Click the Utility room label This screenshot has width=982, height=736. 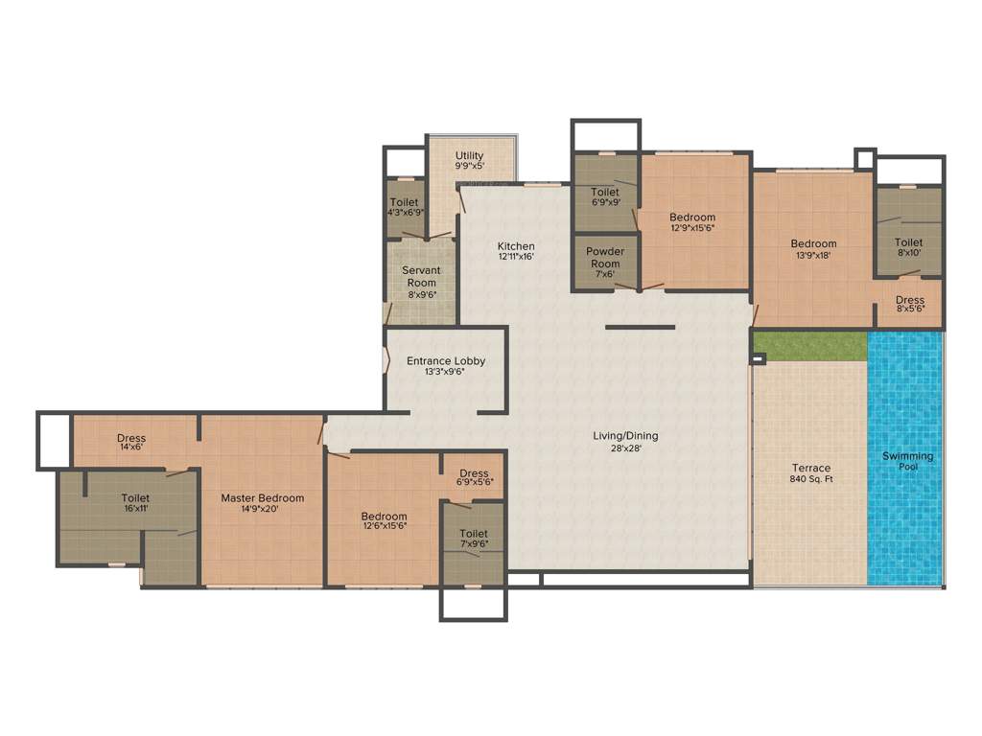(x=470, y=155)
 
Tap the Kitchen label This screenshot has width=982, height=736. (x=516, y=246)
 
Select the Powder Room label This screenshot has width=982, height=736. (x=605, y=258)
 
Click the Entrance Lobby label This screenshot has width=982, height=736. (x=446, y=361)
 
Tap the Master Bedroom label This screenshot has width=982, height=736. (x=263, y=498)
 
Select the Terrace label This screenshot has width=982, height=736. (x=810, y=468)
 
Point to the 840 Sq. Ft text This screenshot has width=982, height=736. (x=810, y=479)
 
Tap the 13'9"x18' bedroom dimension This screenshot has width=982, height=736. (x=813, y=256)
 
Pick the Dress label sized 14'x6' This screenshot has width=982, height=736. (x=131, y=439)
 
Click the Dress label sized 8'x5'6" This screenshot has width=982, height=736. (x=910, y=300)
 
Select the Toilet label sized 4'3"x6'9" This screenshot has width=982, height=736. (x=405, y=202)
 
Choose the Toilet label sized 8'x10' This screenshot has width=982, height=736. (x=908, y=243)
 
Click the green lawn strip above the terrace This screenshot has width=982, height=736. (x=809, y=346)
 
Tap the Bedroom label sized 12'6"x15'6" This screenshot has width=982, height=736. (x=385, y=517)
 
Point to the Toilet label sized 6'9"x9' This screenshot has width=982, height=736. (x=605, y=192)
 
